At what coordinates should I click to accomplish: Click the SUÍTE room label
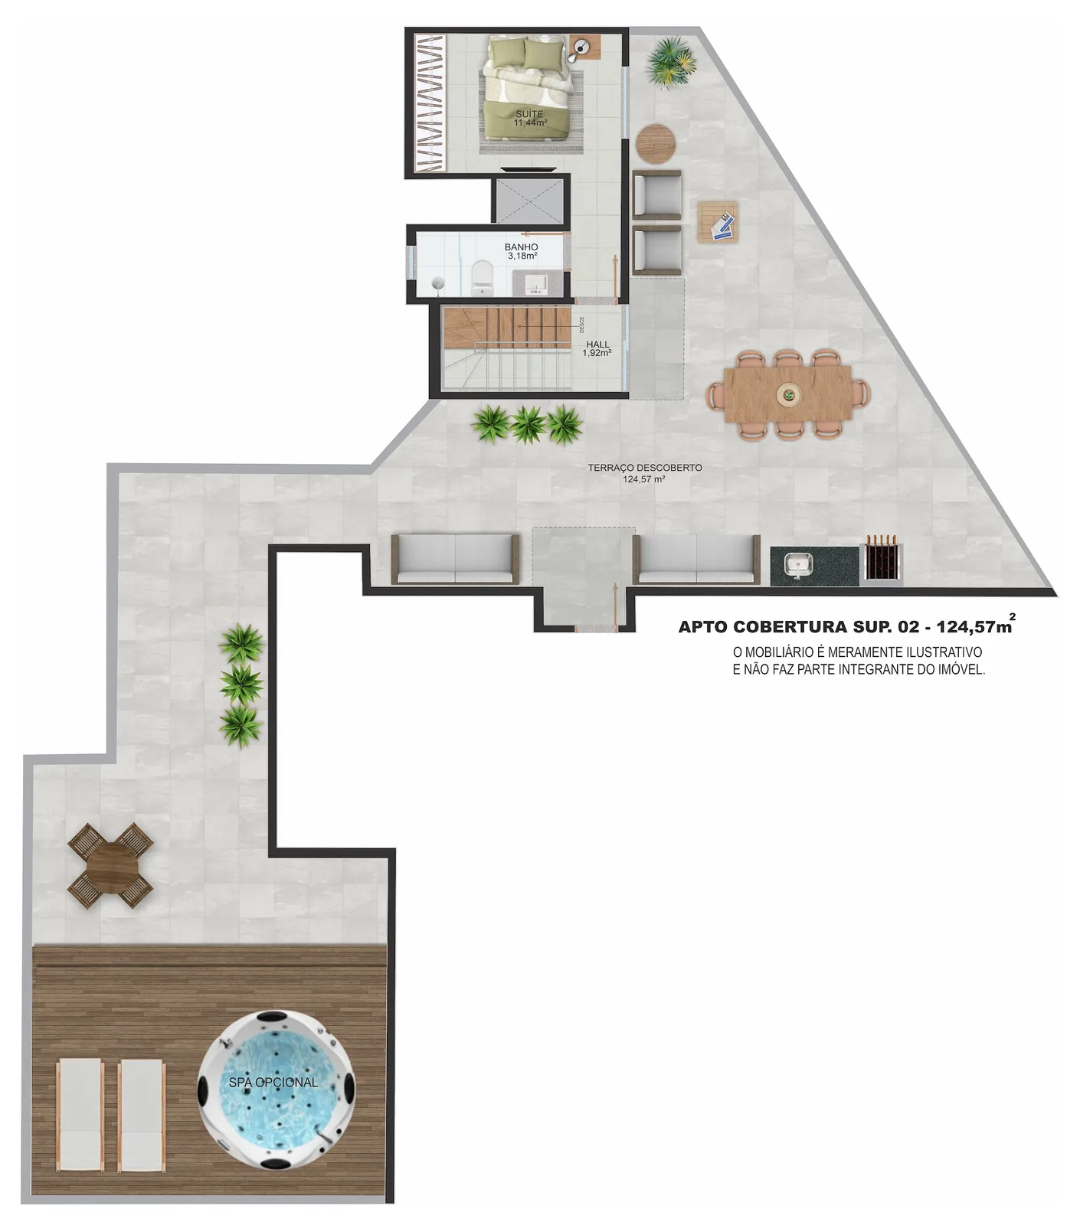coord(529,114)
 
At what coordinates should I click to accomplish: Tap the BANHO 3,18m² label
coord(522,252)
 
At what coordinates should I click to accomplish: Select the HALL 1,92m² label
coord(597,349)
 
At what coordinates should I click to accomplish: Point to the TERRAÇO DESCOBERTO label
coord(645,467)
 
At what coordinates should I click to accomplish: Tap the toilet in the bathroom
coord(482,277)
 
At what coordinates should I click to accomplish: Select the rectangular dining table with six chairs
coord(788,394)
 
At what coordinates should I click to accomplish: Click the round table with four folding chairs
coord(110,865)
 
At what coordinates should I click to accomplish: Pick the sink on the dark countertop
coord(798,565)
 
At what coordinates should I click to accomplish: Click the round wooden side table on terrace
coord(656,143)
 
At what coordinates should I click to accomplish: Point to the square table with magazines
coord(718,222)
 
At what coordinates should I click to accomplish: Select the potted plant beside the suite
coord(669,61)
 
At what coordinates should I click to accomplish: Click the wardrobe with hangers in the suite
coord(429,103)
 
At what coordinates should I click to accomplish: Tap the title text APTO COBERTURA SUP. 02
coord(798,627)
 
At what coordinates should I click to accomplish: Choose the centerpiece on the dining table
coord(787,395)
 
